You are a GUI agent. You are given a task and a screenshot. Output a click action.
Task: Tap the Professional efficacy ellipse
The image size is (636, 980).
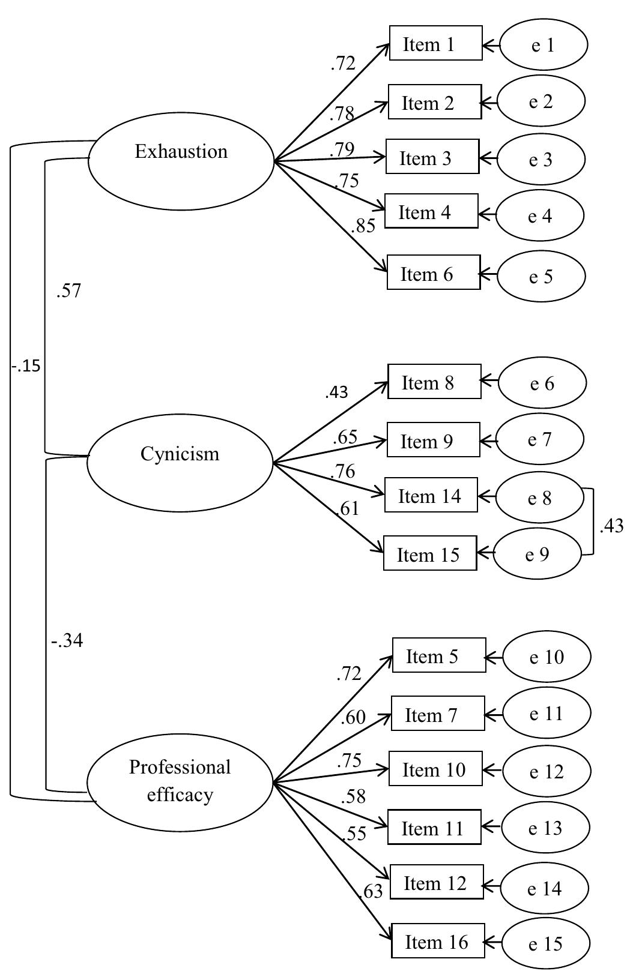[x=180, y=782]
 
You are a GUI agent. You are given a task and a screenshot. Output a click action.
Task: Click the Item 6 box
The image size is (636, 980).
[x=434, y=272]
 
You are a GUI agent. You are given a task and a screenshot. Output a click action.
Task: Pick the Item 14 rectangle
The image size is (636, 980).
[x=431, y=495]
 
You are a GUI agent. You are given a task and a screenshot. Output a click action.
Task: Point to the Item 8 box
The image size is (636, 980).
[x=434, y=382]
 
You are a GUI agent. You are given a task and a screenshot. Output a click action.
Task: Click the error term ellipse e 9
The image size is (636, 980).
[x=538, y=554]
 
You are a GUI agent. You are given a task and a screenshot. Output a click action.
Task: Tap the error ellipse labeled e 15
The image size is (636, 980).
[x=545, y=943]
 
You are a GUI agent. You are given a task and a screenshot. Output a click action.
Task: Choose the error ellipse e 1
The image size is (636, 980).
[x=542, y=44]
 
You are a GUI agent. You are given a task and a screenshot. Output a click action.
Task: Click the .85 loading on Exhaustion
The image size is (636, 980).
[x=364, y=226]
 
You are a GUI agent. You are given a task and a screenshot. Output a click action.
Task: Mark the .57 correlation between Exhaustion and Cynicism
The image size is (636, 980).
[x=68, y=291]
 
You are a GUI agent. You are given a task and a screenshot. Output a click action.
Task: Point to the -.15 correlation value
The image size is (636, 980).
[x=26, y=365]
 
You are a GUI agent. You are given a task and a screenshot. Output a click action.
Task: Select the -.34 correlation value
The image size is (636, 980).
[x=67, y=642]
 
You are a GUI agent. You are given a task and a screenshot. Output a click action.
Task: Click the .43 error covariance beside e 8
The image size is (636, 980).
[x=611, y=526]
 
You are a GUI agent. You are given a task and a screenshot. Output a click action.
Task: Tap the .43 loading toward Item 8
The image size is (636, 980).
[x=336, y=392]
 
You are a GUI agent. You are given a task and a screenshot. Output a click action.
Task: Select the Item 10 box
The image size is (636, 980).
[x=435, y=769]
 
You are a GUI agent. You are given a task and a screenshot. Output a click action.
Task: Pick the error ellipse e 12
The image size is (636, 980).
[x=546, y=771]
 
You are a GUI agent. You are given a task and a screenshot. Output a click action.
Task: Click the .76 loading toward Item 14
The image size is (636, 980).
[x=342, y=471]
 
